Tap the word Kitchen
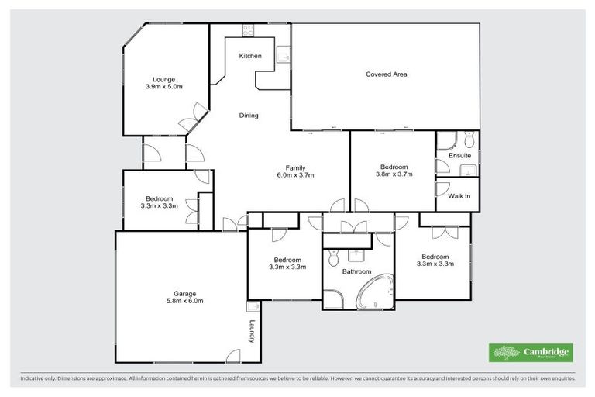point(250,56)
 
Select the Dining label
point(249,116)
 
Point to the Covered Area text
point(386,74)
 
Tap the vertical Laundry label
point(252,332)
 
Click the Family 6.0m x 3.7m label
point(294,171)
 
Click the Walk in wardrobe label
point(459,196)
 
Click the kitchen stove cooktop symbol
point(249,30)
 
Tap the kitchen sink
point(284,55)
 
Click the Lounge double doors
point(188,120)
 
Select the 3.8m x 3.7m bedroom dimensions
point(394,174)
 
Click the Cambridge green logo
point(531,353)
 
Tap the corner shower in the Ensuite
point(445,140)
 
